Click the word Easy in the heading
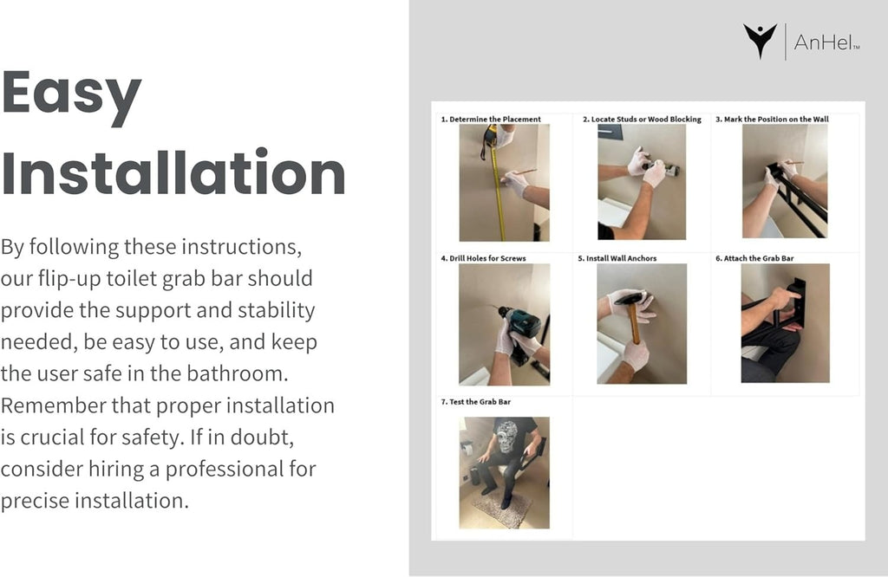coord(71,95)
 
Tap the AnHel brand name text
coord(826,42)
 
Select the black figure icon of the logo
coord(760,41)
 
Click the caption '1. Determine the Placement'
coord(491,119)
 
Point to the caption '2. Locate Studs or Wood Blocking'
coord(642,119)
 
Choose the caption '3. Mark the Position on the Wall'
coord(772,119)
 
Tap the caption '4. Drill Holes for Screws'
coord(484,258)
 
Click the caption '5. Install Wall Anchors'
coord(617,258)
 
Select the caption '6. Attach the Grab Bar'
coord(754,258)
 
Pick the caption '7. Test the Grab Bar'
coord(476,402)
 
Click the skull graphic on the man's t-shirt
coord(506,437)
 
